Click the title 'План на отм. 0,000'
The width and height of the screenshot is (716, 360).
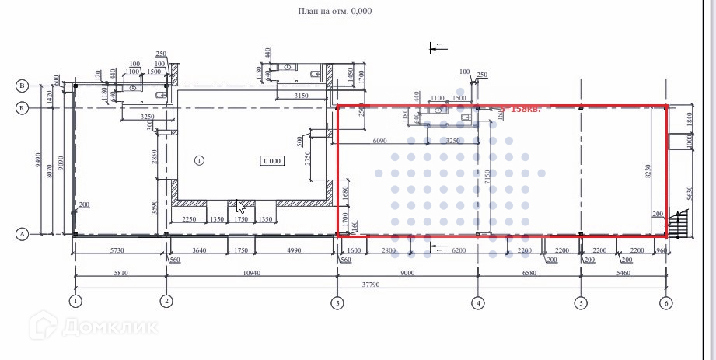point(334,12)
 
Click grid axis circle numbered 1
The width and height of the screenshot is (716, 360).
point(75,301)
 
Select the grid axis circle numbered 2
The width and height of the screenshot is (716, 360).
point(166,301)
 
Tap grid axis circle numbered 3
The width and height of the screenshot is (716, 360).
point(337,302)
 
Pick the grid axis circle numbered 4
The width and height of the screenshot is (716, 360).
point(478,302)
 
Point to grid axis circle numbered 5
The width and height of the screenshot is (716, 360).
point(581,302)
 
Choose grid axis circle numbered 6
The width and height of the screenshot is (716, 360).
point(665,302)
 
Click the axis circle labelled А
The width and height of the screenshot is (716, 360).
point(23,233)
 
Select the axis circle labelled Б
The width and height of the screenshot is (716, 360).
point(23,108)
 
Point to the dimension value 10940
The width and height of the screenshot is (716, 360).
point(250,274)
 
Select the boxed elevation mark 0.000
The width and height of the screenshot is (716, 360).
point(273,161)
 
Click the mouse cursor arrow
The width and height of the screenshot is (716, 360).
point(240,206)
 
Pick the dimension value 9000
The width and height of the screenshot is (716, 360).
point(407,274)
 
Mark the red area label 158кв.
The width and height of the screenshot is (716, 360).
point(524,109)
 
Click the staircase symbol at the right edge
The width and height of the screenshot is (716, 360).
point(678,225)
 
